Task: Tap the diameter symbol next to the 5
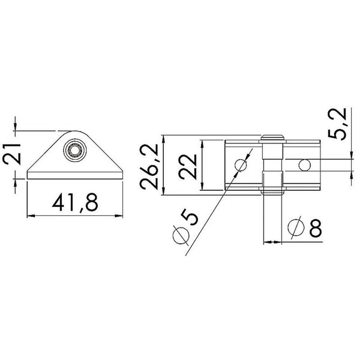tap(178, 236)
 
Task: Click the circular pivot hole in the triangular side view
tap(76, 149)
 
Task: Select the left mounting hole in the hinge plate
tap(241, 164)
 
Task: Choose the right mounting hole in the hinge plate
tap(305, 164)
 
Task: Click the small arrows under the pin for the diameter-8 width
tap(272, 242)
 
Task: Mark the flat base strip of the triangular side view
tap(75, 176)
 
